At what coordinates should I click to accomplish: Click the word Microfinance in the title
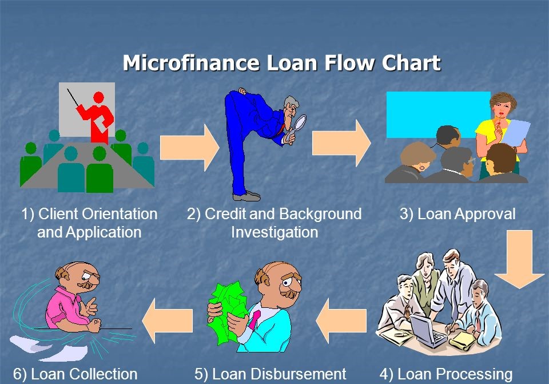pyautogui.click(x=191, y=63)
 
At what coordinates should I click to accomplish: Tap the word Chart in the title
pyautogui.click(x=411, y=63)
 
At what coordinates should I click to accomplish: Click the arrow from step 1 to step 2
pyautogui.click(x=189, y=148)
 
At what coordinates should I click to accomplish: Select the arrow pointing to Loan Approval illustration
pyautogui.click(x=341, y=143)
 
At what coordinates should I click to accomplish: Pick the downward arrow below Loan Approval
pyautogui.click(x=519, y=259)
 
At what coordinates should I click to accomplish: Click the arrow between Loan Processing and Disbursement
pyautogui.click(x=341, y=320)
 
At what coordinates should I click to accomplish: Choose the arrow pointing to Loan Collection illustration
pyautogui.click(x=168, y=320)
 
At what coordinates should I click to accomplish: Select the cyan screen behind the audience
pyautogui.click(x=437, y=114)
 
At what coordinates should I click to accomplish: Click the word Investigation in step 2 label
pyautogui.click(x=274, y=232)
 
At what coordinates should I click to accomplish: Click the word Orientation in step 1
pyautogui.click(x=116, y=213)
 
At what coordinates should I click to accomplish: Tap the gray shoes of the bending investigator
pyautogui.click(x=247, y=196)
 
